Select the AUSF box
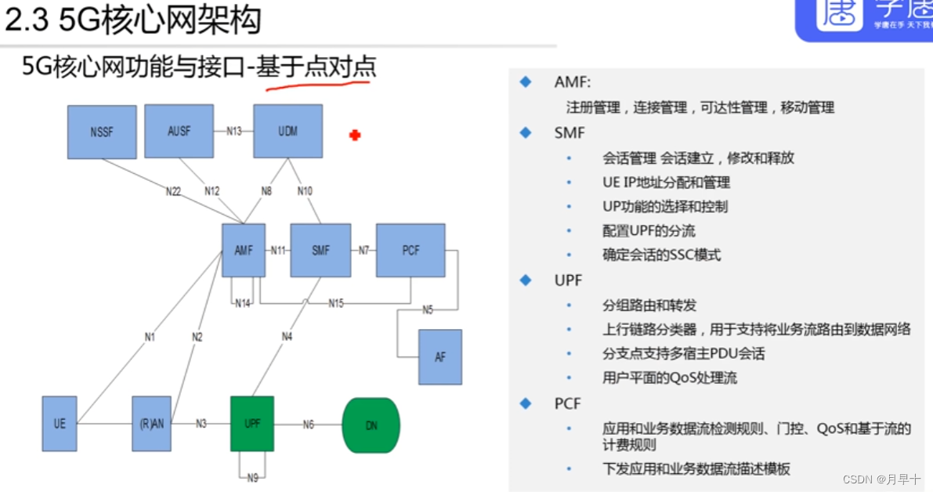point(179,131)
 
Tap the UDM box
point(287,131)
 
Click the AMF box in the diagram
point(244,251)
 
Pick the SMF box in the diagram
point(320,251)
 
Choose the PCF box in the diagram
point(410,251)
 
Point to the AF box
point(439,356)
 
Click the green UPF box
point(252,423)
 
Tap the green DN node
point(371,425)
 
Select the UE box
point(60,424)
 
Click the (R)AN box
point(151,424)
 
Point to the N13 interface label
point(233,131)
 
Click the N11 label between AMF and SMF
point(278,251)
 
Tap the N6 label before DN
point(308,424)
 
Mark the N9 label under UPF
point(252,477)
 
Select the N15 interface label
point(335,302)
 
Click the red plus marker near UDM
point(354,136)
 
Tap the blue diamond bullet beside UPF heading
point(526,280)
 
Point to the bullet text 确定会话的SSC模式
point(661,255)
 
